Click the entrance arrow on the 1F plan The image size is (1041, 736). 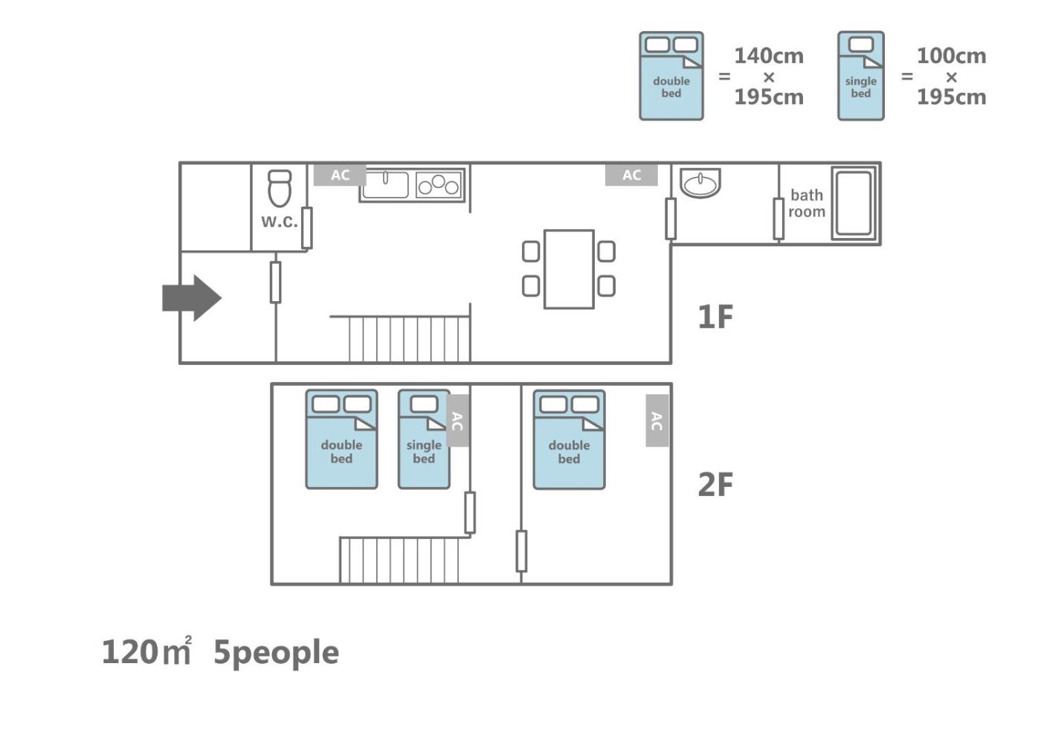pyautogui.click(x=191, y=298)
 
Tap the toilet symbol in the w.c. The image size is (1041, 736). pyautogui.click(x=280, y=189)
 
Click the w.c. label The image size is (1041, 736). pyautogui.click(x=279, y=222)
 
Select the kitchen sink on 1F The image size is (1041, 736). pyautogui.click(x=384, y=184)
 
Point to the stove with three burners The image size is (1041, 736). pyautogui.click(x=439, y=184)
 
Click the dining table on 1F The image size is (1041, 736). pyautogui.click(x=569, y=269)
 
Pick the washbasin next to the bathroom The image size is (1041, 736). pyautogui.click(x=700, y=183)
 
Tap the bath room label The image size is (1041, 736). pyautogui.click(x=807, y=203)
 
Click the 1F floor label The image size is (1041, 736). pyautogui.click(x=715, y=317)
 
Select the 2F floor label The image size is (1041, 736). pyautogui.click(x=715, y=485)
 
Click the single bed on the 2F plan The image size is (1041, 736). pyautogui.click(x=424, y=439)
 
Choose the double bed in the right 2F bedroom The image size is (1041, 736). pyautogui.click(x=569, y=439)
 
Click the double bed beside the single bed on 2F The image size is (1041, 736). pyautogui.click(x=341, y=439)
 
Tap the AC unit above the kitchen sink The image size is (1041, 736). pyautogui.click(x=340, y=175)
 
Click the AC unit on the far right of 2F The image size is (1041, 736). pyautogui.click(x=657, y=421)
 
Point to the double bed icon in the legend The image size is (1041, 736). pyautogui.click(x=671, y=76)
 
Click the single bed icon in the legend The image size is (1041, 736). pyautogui.click(x=861, y=76)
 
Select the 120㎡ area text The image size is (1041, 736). pyautogui.click(x=146, y=652)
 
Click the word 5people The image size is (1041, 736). pyautogui.click(x=276, y=652)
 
